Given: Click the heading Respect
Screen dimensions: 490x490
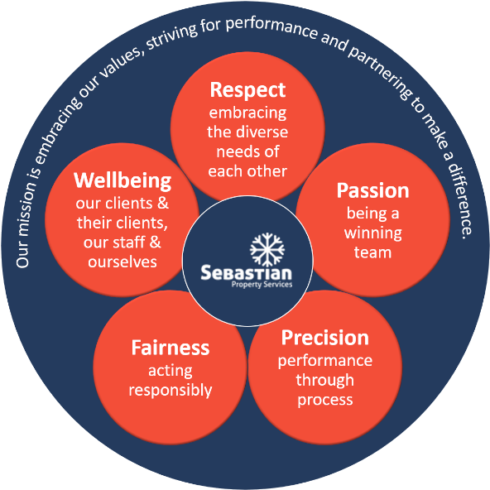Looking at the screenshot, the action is click(x=247, y=90).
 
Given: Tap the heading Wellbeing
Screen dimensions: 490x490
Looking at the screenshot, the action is click(x=122, y=180).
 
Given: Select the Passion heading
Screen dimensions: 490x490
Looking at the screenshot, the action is click(x=372, y=190).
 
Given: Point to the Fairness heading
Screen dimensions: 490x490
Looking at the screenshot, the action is click(x=171, y=348).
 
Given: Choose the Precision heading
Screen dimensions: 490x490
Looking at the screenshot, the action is click(x=325, y=338).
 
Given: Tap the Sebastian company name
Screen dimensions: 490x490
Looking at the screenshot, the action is click(x=247, y=272).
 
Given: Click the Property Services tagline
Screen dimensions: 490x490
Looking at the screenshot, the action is click(x=262, y=285).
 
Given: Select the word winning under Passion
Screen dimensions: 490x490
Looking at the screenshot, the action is click(x=372, y=233).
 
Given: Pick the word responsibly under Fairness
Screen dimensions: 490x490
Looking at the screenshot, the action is click(x=171, y=391).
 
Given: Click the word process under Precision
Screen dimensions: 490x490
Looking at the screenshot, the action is click(x=325, y=401).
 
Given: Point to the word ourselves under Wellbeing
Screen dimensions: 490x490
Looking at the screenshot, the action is click(x=122, y=262).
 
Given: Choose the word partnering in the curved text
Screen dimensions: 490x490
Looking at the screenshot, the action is click(x=379, y=71).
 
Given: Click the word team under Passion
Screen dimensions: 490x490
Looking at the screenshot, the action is click(x=372, y=252).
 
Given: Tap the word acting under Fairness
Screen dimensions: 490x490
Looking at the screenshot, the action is click(x=171, y=372).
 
